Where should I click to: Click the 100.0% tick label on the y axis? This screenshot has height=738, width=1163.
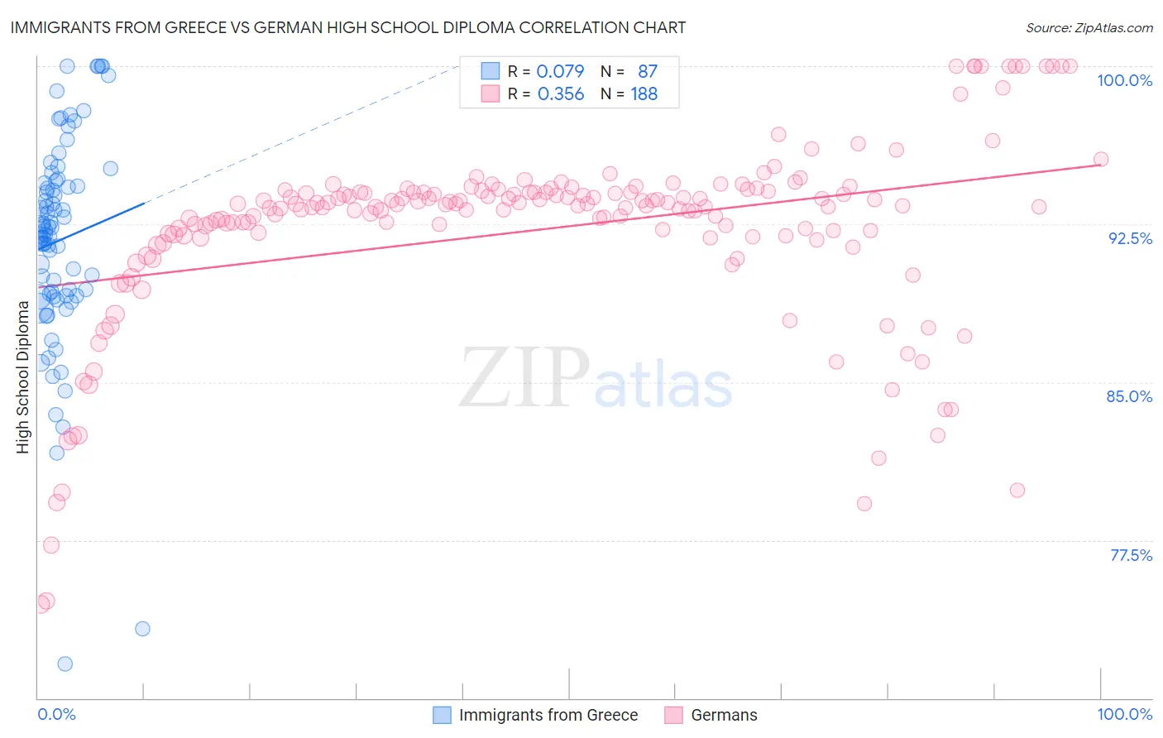tap(1124, 80)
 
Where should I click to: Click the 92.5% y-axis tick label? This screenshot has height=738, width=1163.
tap(1130, 238)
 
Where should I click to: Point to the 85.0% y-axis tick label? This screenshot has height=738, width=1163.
tap(1129, 396)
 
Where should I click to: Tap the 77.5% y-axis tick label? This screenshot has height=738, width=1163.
tap(1131, 555)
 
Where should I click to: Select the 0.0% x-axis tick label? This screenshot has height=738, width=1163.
tap(56, 715)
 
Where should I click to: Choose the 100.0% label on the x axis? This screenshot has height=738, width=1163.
tap(1124, 715)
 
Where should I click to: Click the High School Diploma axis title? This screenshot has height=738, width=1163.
tap(23, 376)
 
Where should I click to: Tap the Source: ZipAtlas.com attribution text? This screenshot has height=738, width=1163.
tap(1089, 27)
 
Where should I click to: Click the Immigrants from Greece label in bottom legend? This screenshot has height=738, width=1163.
tap(548, 715)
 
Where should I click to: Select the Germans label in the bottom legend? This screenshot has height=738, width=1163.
tap(724, 715)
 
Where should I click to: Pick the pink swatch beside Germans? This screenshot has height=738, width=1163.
tap(673, 715)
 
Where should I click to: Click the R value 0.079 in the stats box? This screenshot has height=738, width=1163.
tap(560, 71)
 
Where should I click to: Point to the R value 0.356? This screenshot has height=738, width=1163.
tap(560, 94)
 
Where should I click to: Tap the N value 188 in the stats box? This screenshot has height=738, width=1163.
tap(644, 94)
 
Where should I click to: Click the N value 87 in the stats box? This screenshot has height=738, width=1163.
tap(648, 71)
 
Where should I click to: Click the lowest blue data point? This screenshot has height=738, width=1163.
tap(65, 664)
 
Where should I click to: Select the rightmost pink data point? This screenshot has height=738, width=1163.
tap(1100, 160)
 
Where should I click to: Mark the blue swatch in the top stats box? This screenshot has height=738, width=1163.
tap(491, 71)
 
